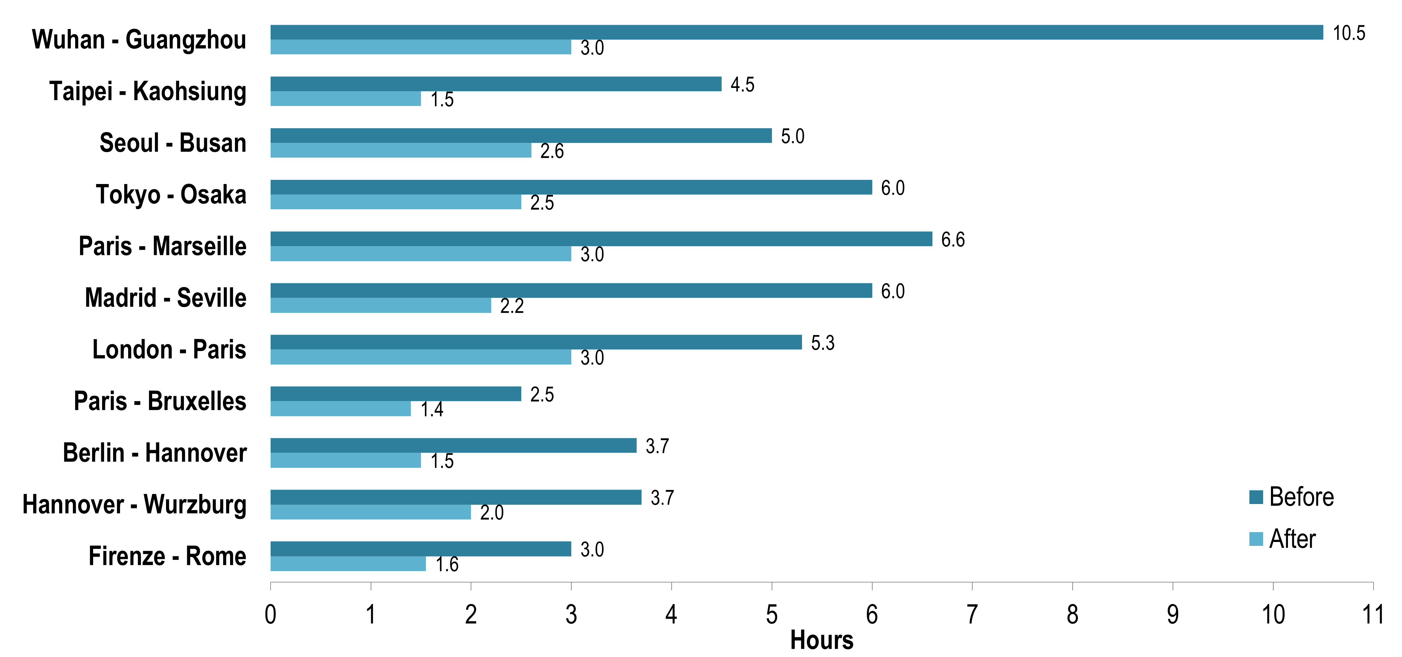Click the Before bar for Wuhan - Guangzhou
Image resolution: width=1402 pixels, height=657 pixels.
click(x=797, y=32)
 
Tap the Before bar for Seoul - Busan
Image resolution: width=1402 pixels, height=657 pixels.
click(x=521, y=136)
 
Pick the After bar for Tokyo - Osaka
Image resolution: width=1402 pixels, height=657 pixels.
click(x=396, y=202)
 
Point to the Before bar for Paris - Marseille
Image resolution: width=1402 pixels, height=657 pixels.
click(x=601, y=239)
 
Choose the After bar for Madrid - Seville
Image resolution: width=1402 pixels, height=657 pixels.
click(x=380, y=305)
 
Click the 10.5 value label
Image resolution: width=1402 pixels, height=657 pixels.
click(x=1349, y=33)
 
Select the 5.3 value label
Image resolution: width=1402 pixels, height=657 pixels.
click(x=822, y=343)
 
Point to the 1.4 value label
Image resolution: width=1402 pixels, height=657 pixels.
click(x=432, y=409)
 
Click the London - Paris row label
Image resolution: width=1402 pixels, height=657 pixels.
click(x=169, y=349)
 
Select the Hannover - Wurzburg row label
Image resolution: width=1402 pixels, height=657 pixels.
click(x=134, y=505)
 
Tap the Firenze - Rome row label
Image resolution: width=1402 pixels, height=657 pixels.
click(x=167, y=556)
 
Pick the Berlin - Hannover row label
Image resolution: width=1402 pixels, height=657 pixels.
click(x=155, y=453)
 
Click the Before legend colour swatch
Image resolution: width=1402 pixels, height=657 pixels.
click(x=1256, y=497)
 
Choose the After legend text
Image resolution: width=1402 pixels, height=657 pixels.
click(x=1292, y=539)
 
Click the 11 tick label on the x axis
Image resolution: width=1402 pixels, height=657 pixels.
click(x=1373, y=615)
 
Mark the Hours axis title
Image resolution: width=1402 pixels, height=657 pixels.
click(x=821, y=641)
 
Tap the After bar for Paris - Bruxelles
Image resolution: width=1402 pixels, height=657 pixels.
click(x=341, y=409)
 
